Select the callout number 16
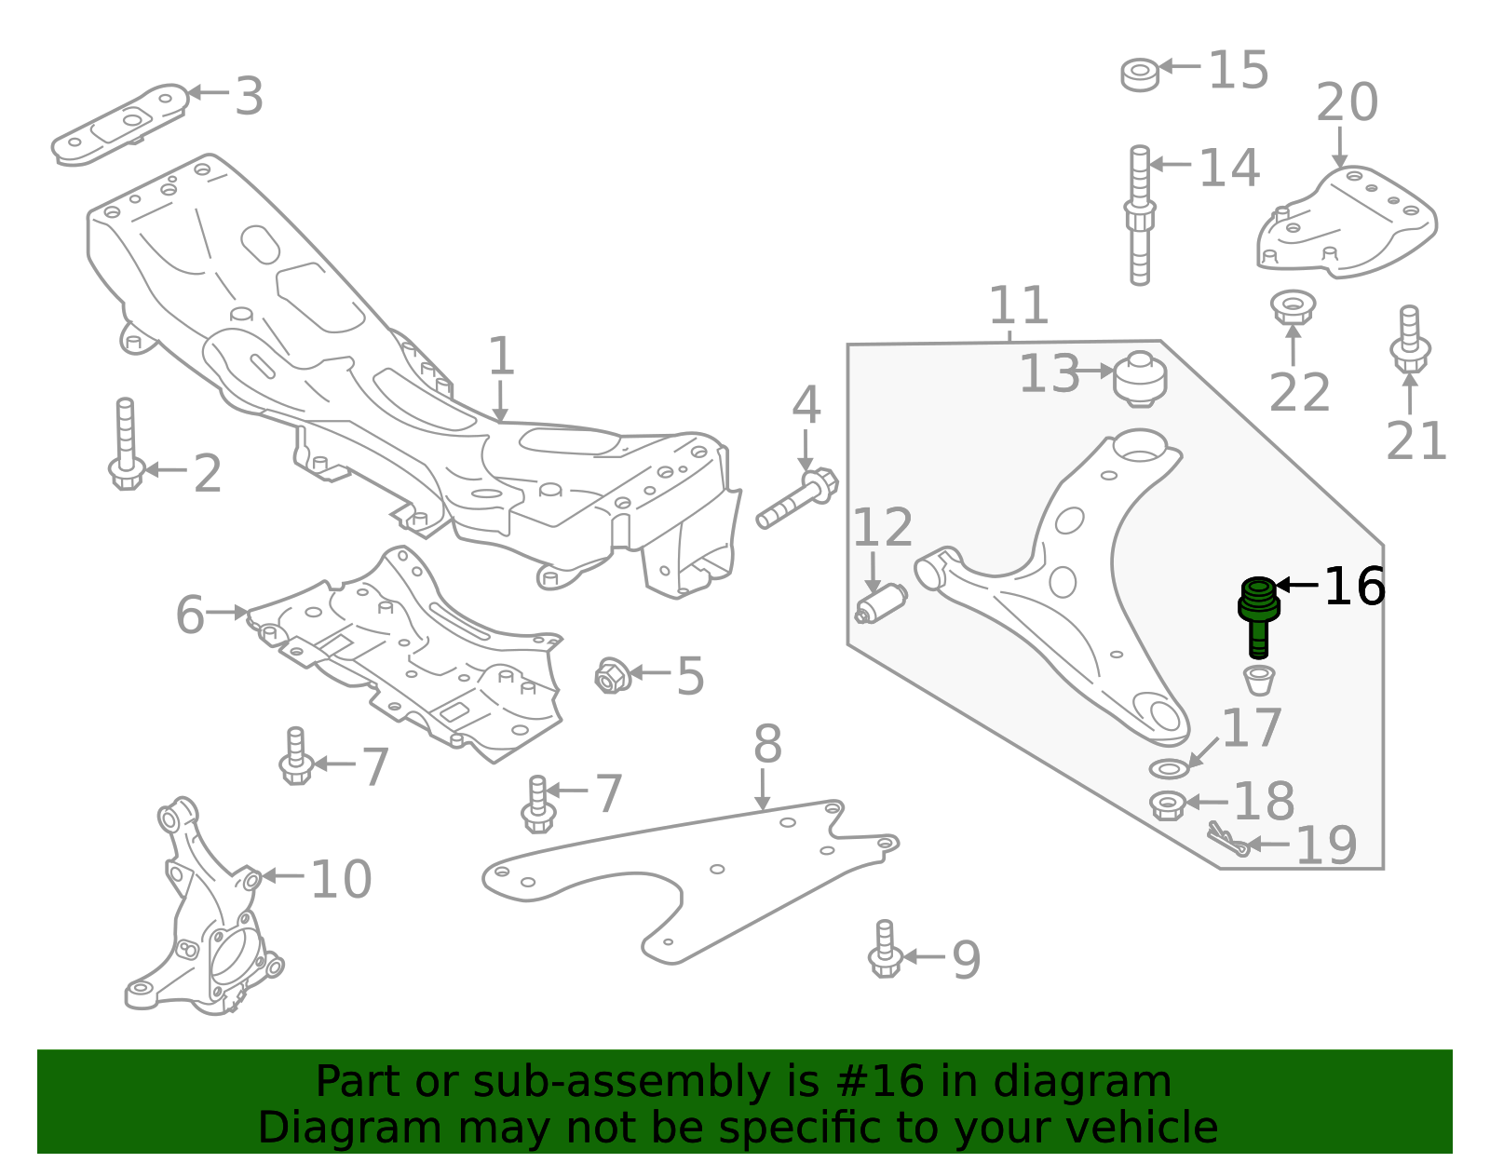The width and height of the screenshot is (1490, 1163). (1354, 587)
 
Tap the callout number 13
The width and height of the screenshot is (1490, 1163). (1050, 374)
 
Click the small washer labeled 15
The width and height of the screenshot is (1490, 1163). (1140, 74)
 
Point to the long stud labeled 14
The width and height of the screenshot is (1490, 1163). (1140, 216)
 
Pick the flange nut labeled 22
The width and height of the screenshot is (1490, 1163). (1293, 306)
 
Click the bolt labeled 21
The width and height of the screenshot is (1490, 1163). (1409, 341)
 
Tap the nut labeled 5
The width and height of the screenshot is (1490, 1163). (612, 676)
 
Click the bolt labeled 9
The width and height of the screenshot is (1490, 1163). (885, 950)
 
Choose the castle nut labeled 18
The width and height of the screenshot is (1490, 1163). (1167, 805)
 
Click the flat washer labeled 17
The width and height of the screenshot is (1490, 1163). (1169, 769)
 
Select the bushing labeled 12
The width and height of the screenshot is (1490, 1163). (881, 604)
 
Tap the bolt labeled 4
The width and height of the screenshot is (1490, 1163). (797, 501)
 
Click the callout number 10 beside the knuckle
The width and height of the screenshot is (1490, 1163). (341, 879)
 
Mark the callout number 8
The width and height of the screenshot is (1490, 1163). (767, 745)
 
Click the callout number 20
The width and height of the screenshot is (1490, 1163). (1347, 102)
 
